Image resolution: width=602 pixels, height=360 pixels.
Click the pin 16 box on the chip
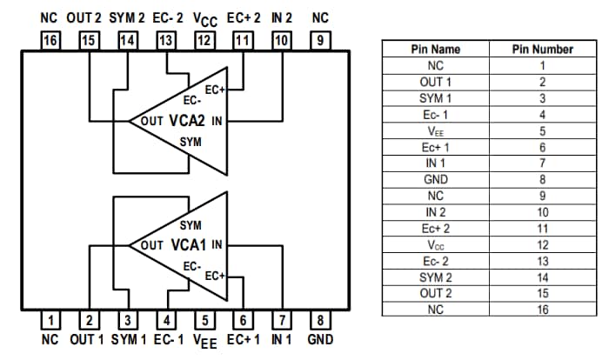(x=51, y=40)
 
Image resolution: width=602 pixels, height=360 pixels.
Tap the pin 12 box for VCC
(x=204, y=40)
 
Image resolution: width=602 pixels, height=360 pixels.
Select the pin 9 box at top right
(x=319, y=40)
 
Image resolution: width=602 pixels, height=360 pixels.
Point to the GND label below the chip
(x=319, y=340)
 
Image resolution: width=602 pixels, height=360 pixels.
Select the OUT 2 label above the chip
(x=85, y=17)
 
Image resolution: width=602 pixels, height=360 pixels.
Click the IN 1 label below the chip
(x=282, y=340)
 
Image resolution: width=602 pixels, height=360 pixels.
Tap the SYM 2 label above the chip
(x=127, y=17)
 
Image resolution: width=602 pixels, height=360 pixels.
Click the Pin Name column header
(x=436, y=49)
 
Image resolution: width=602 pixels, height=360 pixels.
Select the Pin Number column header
(x=542, y=49)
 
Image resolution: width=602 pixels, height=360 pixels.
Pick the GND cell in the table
(x=436, y=179)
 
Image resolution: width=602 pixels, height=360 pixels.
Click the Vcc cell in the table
(x=436, y=244)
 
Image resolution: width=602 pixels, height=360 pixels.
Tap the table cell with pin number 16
(x=542, y=310)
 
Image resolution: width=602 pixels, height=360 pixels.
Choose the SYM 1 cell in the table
(x=436, y=97)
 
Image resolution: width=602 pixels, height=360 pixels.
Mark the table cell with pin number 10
(x=542, y=211)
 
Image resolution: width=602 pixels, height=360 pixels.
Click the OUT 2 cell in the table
(x=436, y=293)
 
